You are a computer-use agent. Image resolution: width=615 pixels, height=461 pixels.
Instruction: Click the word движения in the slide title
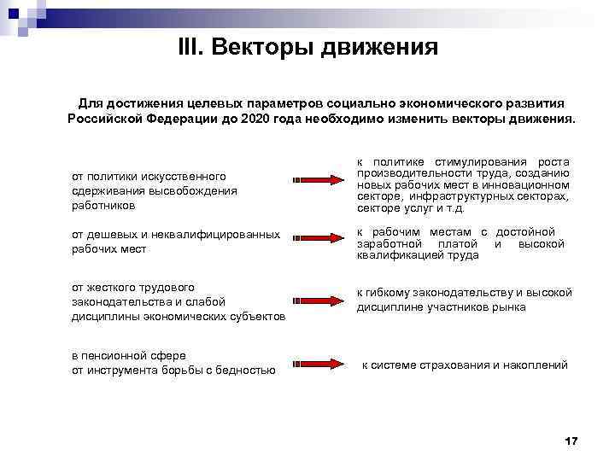pyautogui.click(x=379, y=47)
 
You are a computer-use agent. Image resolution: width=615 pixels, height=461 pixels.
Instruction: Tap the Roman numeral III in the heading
pyautogui.click(x=190, y=47)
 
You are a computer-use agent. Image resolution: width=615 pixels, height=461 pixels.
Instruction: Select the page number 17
pyautogui.click(x=571, y=441)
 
